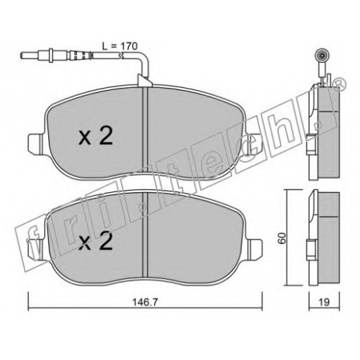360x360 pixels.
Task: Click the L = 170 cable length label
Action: tap(120, 46)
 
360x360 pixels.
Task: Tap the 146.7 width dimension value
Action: tap(145, 302)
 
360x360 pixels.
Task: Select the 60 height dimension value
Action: tap(282, 238)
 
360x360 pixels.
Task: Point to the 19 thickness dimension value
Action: tap(324, 302)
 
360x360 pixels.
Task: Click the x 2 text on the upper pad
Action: tap(96, 137)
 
